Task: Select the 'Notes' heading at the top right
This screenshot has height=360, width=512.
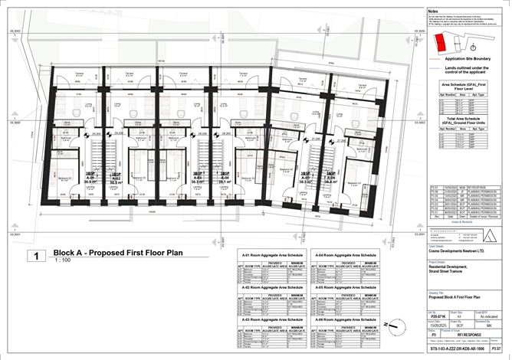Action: click(434, 11)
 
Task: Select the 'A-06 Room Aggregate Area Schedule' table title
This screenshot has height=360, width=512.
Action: click(342, 318)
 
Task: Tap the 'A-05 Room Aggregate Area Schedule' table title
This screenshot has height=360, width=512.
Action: click(342, 286)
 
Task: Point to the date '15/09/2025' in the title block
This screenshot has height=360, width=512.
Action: click(437, 324)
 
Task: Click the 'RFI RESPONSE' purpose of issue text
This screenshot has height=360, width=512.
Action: click(465, 335)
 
